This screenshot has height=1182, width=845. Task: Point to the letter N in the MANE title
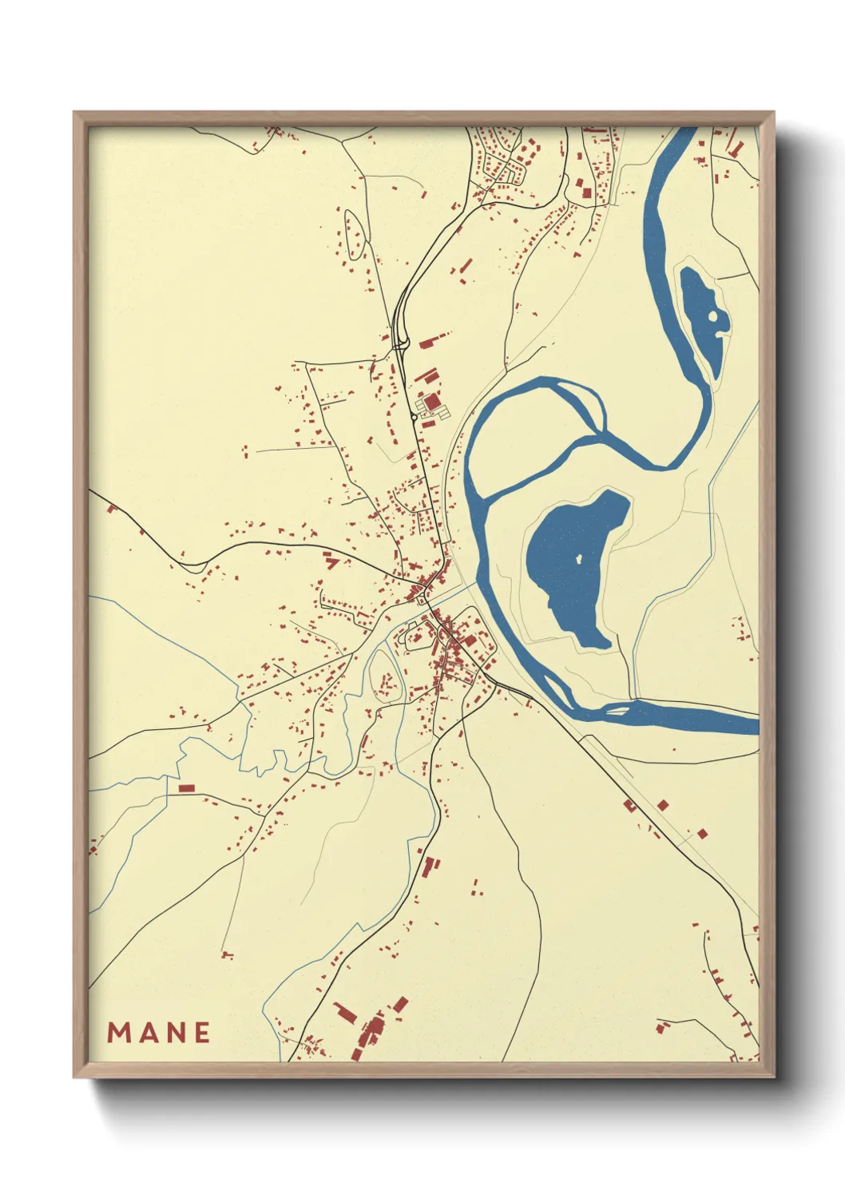tap(173, 1033)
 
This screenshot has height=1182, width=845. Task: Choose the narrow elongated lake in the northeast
tap(701, 319)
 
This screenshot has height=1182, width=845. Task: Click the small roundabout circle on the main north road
tap(413, 416)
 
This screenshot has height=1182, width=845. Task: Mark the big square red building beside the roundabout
tap(431, 402)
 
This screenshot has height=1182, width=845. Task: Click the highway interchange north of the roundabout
tap(402, 339)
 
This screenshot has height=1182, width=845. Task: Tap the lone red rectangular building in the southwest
tap(186, 788)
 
